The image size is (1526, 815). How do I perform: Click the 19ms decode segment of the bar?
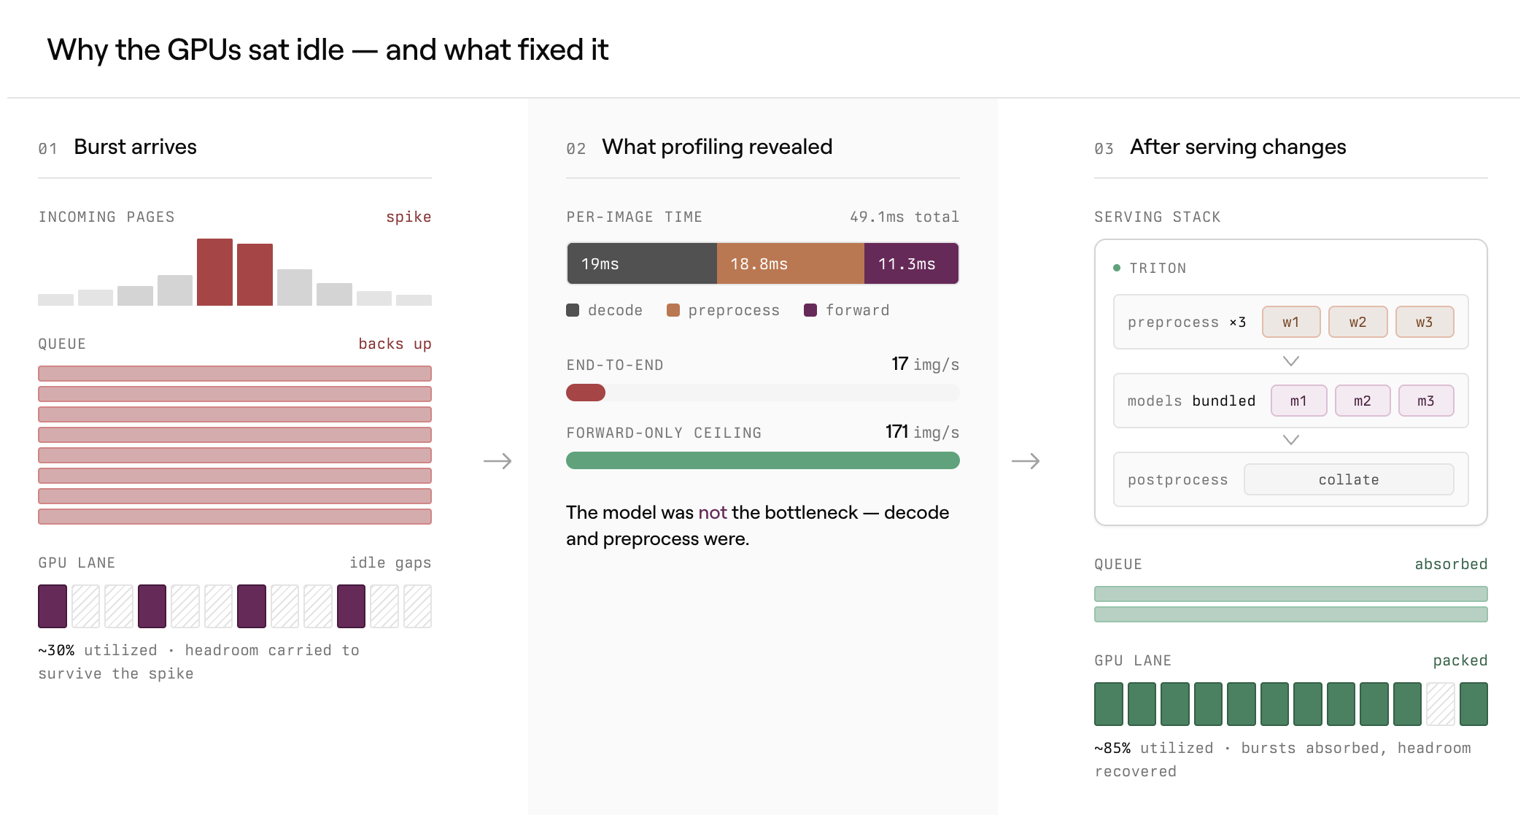(x=642, y=263)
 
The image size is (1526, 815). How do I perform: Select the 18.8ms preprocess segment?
(x=791, y=263)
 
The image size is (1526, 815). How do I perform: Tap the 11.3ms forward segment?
(x=912, y=263)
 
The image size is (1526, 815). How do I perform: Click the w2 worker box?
(x=1357, y=322)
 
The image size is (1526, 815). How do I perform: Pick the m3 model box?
(x=1426, y=401)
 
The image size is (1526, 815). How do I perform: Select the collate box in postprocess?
(x=1349, y=479)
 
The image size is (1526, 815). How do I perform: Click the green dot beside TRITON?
(x=1117, y=268)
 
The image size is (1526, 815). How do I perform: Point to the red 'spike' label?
(x=408, y=217)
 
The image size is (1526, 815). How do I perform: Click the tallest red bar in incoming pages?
(x=214, y=271)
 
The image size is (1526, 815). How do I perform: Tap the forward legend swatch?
(x=810, y=310)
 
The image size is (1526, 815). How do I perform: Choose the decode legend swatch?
(x=573, y=310)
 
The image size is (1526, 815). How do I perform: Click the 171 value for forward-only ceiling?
(x=896, y=431)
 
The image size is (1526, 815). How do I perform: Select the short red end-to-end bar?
(x=586, y=393)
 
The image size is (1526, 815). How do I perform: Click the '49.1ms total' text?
(x=905, y=217)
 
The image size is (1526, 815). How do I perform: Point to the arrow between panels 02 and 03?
(x=1026, y=461)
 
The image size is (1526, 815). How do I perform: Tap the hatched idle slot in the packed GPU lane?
(x=1441, y=704)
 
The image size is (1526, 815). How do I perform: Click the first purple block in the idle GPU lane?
(x=53, y=606)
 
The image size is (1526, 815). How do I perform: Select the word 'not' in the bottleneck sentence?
(x=713, y=512)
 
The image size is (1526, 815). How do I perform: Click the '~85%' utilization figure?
(x=1112, y=748)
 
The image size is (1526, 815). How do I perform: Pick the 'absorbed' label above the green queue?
(x=1451, y=564)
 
